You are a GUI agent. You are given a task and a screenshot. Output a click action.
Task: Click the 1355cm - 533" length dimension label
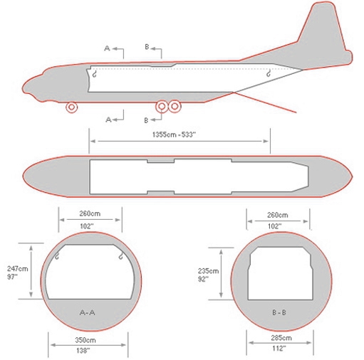tap(174, 134)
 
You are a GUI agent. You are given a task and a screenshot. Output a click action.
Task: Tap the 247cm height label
tap(17, 269)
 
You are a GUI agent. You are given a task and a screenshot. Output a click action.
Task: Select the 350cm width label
tap(85, 340)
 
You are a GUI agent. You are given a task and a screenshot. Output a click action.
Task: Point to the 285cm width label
tap(281, 338)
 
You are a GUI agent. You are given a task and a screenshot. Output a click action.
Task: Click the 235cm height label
tap(208, 271)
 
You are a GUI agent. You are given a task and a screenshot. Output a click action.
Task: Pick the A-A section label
tap(88, 312)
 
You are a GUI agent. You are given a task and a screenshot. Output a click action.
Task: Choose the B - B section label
tap(279, 312)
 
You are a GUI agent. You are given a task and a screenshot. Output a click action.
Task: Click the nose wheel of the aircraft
tap(71, 107)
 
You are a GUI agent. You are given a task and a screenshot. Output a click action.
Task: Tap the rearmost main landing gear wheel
tap(175, 106)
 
